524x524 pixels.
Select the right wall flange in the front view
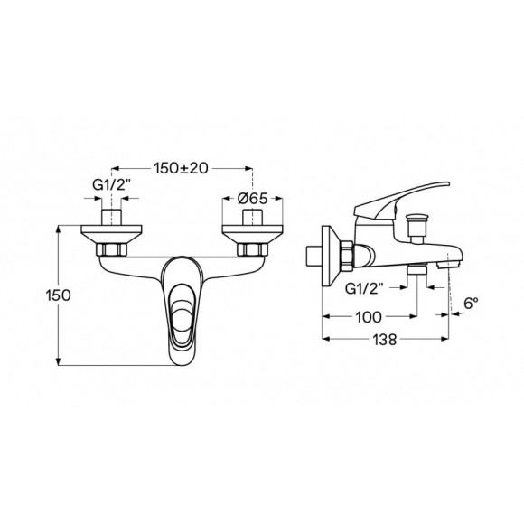(x=248, y=229)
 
